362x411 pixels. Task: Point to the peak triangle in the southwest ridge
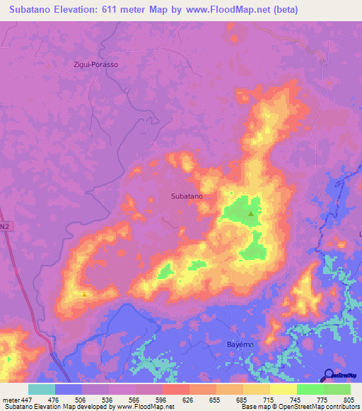point(85,294)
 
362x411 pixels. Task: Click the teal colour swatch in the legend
point(42,389)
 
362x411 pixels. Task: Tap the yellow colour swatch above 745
point(284,389)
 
